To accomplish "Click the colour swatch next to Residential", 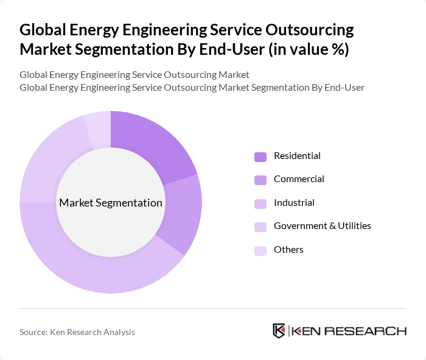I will click(260, 157).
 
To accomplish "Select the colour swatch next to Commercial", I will click(260, 180).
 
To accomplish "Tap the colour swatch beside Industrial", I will click(260, 203).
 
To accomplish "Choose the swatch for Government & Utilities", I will click(260, 227).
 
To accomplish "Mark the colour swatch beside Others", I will click(260, 250).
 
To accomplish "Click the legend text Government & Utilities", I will click(322, 226).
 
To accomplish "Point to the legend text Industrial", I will click(294, 203).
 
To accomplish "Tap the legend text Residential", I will click(297, 156).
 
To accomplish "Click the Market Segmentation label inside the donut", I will click(111, 203).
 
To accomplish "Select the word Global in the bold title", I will click(44, 30).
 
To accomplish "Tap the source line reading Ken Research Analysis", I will click(77, 332).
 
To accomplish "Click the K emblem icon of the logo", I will click(279, 331).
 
